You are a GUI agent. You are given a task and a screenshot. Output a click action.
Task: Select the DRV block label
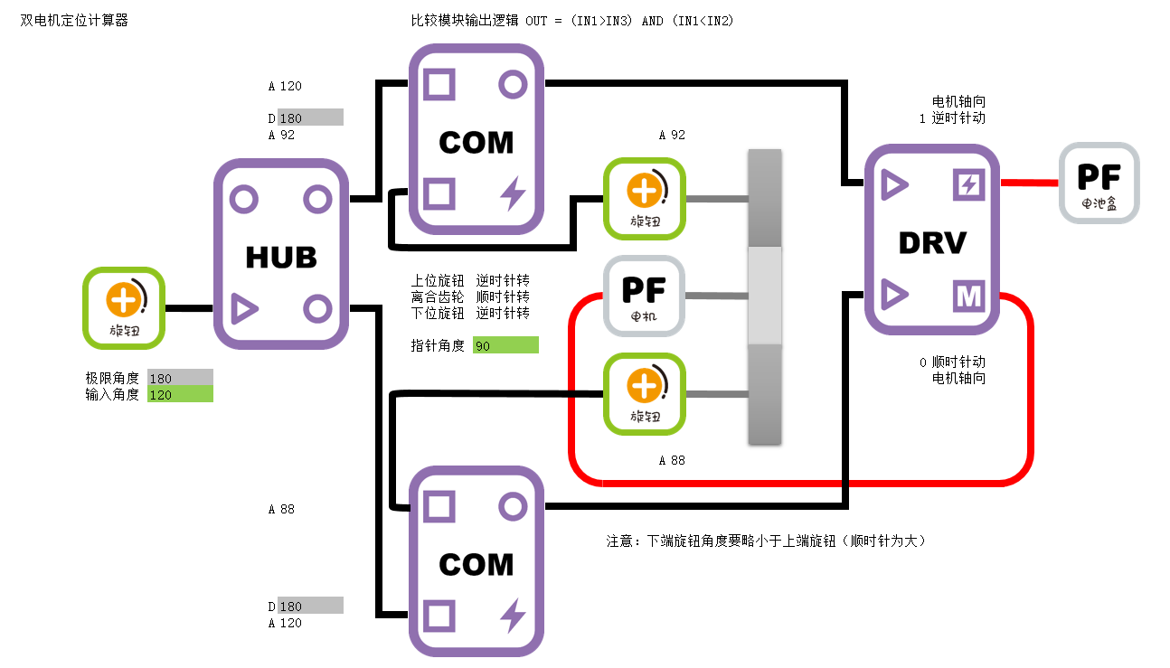932,242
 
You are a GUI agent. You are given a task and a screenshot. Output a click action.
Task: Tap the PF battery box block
1099,183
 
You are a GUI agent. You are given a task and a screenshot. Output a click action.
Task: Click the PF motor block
644,296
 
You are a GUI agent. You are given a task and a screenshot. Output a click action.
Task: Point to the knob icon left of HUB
124,308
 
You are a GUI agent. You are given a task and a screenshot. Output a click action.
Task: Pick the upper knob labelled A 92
645,198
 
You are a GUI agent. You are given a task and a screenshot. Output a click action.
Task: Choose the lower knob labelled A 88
645,394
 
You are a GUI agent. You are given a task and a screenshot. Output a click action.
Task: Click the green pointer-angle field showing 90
505,345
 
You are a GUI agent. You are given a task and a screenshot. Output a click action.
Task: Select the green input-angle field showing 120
180,394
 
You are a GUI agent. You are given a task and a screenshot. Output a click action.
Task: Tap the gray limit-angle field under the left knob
180,378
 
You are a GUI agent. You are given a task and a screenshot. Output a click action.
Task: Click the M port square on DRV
968,296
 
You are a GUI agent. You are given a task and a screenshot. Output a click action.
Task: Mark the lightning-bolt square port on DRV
968,185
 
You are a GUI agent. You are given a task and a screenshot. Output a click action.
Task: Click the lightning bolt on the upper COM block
513,193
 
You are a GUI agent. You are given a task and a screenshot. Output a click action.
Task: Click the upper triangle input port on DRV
893,185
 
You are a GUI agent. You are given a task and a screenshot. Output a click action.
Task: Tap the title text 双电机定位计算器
74,20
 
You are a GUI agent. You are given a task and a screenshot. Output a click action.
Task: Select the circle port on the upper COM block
513,86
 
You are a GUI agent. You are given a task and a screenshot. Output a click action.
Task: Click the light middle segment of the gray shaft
764,296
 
